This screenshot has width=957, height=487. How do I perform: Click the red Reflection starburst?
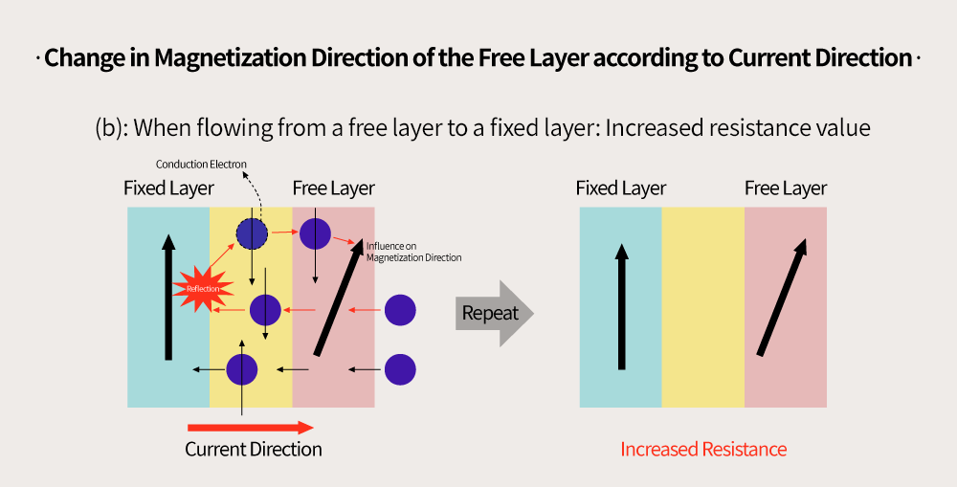(203, 289)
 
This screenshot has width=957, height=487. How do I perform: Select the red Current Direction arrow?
(250, 428)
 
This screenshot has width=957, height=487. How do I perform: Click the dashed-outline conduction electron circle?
(252, 233)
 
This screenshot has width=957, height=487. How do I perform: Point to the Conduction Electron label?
(201, 165)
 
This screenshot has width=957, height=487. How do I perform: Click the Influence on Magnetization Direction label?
(413, 252)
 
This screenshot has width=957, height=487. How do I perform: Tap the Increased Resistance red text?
(703, 450)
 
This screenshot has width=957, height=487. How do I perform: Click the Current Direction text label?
(254, 450)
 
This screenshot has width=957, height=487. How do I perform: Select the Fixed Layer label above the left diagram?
(168, 188)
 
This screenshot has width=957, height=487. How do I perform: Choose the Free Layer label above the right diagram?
(786, 188)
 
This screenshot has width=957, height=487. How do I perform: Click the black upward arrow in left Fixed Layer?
(168, 298)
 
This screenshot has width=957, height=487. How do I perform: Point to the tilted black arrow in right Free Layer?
(782, 298)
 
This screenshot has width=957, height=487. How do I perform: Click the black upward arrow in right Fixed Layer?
(621, 306)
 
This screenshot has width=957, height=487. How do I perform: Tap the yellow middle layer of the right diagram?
(703, 307)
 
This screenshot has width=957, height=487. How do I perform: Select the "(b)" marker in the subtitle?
(111, 128)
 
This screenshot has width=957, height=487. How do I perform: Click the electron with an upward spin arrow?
(242, 370)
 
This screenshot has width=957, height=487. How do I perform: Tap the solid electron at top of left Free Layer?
(315, 233)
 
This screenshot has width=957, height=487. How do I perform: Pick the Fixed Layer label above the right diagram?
(621, 188)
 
